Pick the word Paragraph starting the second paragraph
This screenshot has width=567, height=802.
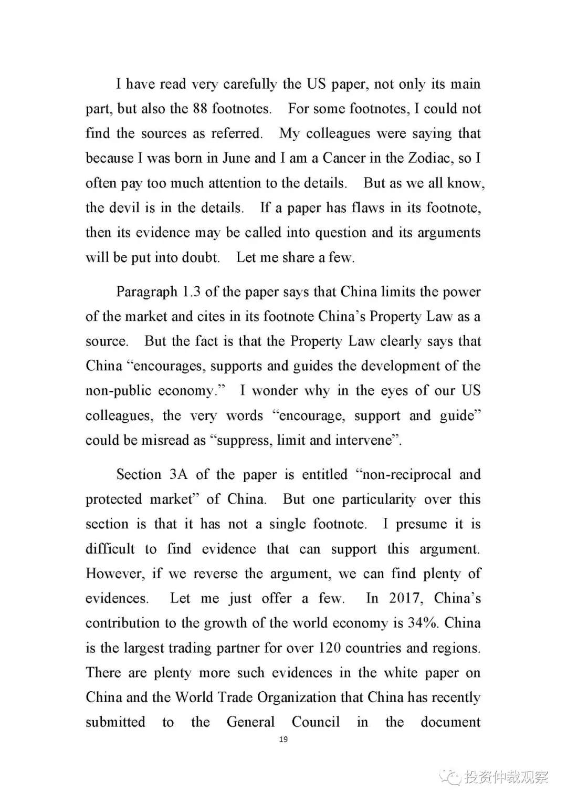pos(146,292)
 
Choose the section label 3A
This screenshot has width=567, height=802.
pos(178,475)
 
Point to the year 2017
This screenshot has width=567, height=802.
pos(404,598)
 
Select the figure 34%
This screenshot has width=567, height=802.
pos(423,623)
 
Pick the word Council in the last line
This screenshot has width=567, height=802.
pos(316,722)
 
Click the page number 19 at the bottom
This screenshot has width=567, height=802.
pos(283,739)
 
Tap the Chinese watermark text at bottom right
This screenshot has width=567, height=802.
pos(505,777)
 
